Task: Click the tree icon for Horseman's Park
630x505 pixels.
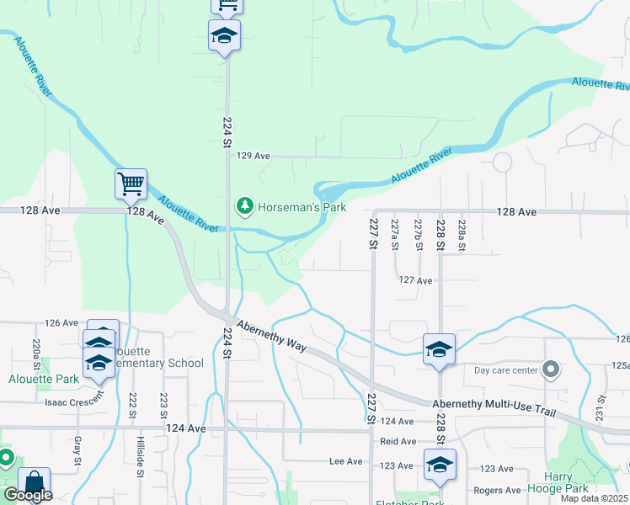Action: (x=244, y=205)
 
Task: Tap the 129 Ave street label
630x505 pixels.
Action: (x=253, y=156)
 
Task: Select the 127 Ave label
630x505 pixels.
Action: (x=415, y=280)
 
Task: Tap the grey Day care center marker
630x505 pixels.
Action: (x=551, y=369)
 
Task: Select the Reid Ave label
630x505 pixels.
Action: (x=398, y=441)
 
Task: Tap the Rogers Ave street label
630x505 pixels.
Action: (x=497, y=490)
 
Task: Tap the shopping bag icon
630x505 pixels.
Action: (x=35, y=482)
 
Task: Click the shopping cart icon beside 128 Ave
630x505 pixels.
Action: (x=131, y=183)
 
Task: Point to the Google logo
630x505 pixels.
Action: (x=28, y=495)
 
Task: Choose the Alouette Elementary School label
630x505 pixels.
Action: (x=156, y=357)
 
